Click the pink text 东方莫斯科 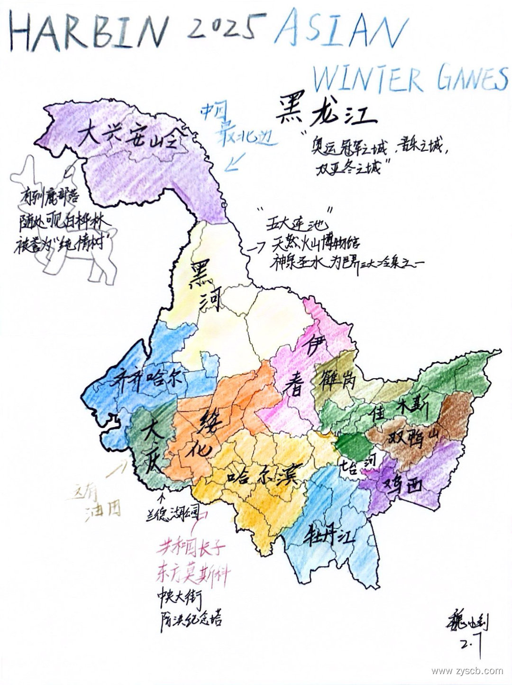pos(193,575)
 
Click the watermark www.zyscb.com pos(467,671)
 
